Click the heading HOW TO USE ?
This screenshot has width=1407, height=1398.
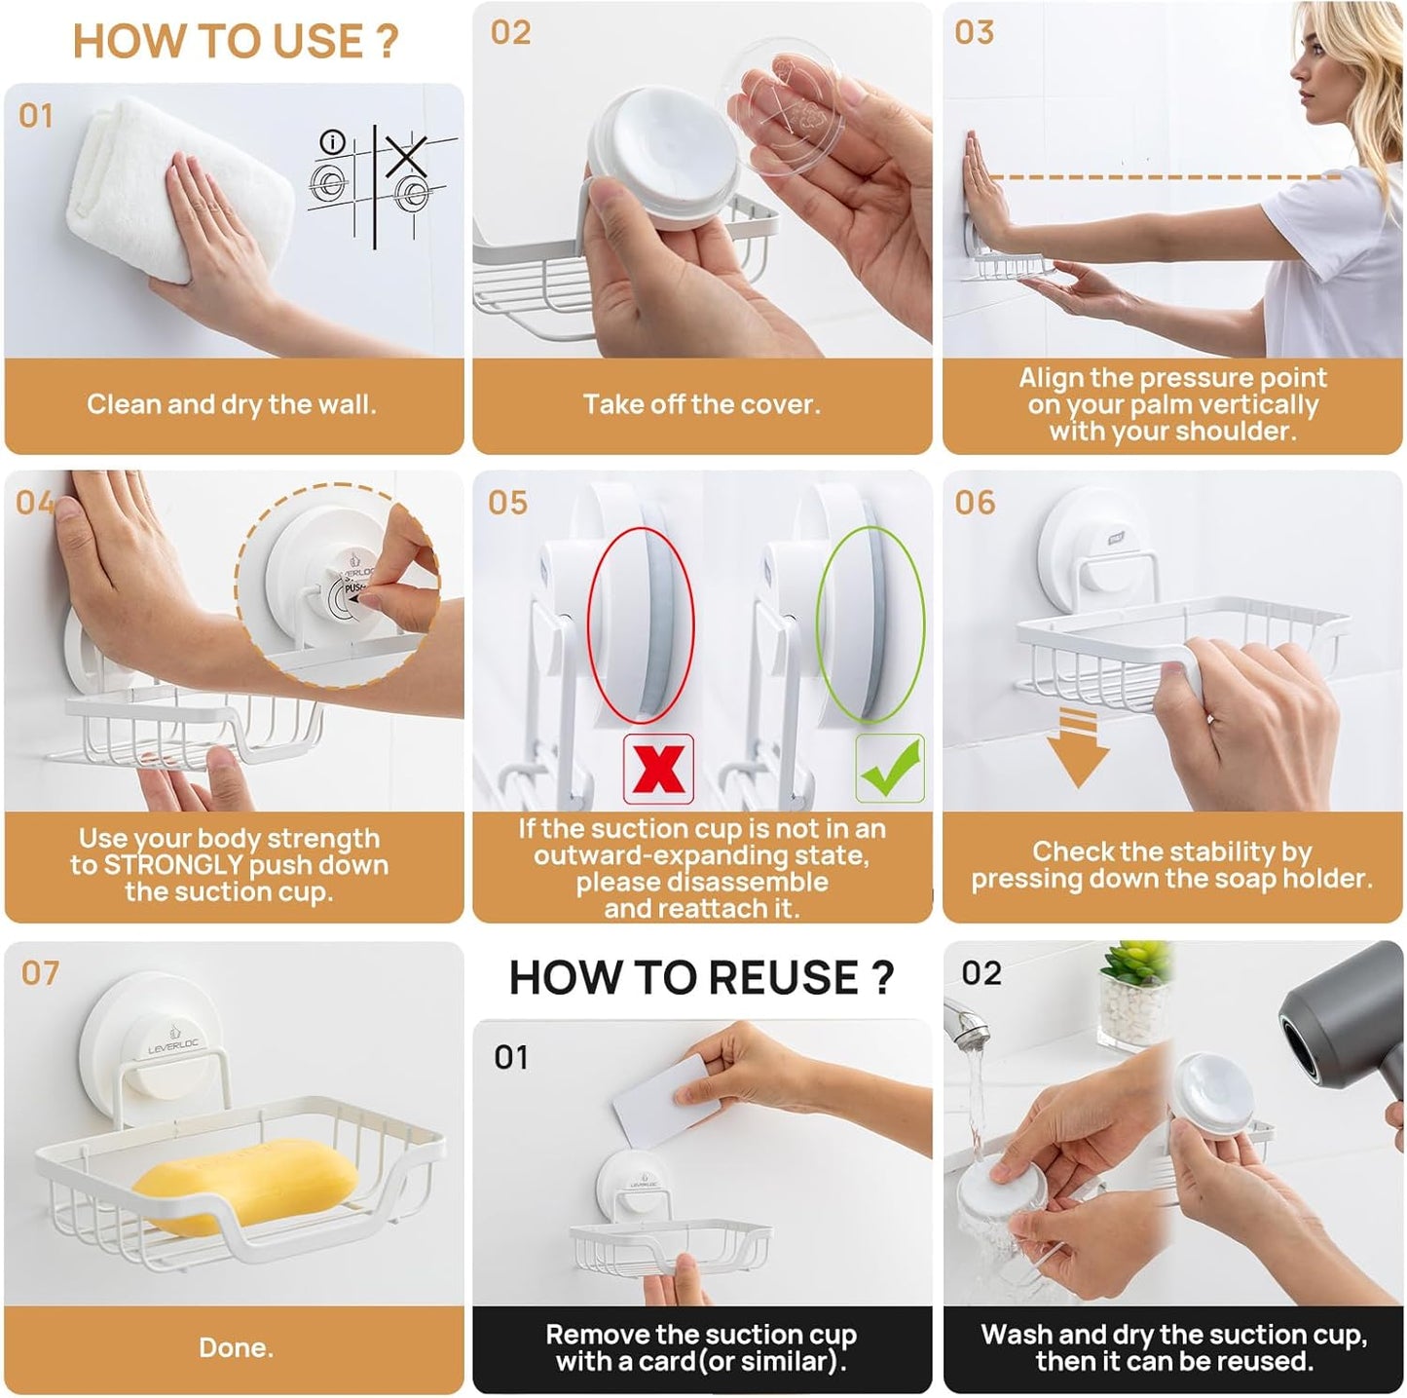[235, 42]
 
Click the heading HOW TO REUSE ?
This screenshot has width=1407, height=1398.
[700, 977]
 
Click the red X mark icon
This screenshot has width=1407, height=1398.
[658, 769]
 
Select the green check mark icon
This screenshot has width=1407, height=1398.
[889, 769]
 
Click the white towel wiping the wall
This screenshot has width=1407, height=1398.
[180, 196]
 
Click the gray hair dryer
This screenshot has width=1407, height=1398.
[1344, 1033]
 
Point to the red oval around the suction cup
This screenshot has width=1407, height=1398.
[641, 623]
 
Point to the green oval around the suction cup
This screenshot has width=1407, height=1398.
[870, 623]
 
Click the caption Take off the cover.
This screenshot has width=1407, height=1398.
[701, 404]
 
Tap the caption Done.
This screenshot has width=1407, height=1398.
[236, 1347]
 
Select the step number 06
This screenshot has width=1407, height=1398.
[975, 503]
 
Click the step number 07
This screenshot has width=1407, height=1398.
[41, 973]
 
